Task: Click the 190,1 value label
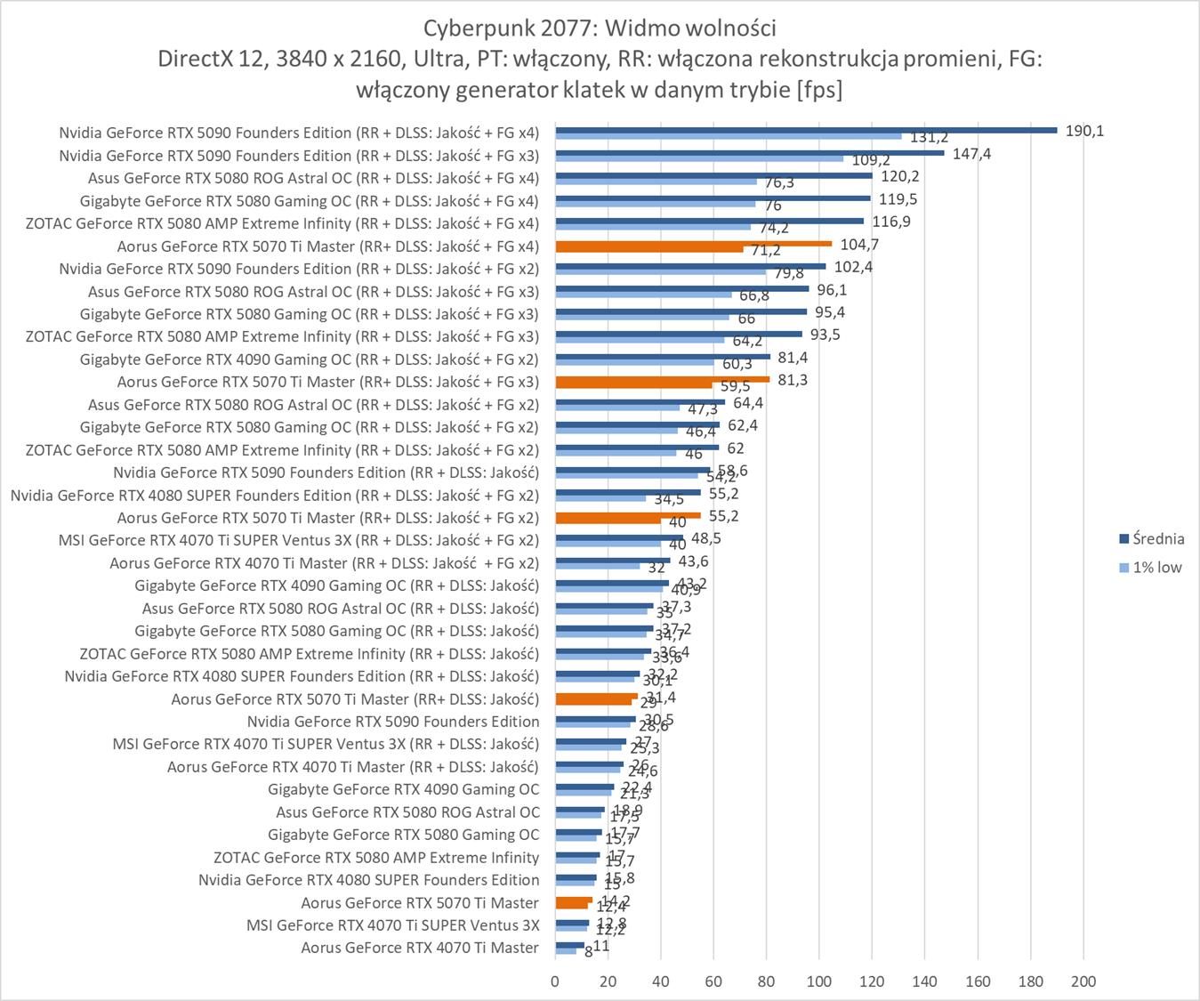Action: pos(1084,131)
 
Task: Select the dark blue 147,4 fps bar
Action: pos(749,153)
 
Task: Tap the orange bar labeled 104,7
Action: pos(693,244)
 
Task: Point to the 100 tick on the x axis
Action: pos(819,981)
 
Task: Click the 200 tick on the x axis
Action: pos(1083,981)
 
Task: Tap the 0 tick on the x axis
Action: pos(555,981)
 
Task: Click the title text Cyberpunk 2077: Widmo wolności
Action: pos(600,28)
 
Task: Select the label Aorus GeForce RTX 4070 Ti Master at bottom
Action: pos(420,948)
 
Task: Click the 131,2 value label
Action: pos(929,138)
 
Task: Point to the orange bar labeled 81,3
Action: pos(662,379)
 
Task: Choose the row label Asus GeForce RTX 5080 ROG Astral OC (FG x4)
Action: pos(313,178)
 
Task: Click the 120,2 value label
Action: pos(899,176)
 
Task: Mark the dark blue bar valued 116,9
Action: pos(709,221)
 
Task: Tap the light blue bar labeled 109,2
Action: pos(699,158)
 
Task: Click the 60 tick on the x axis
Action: pos(713,981)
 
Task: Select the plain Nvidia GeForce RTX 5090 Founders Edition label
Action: pos(393,722)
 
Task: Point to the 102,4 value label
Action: pos(853,267)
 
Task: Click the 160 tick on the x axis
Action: pos(978,981)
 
